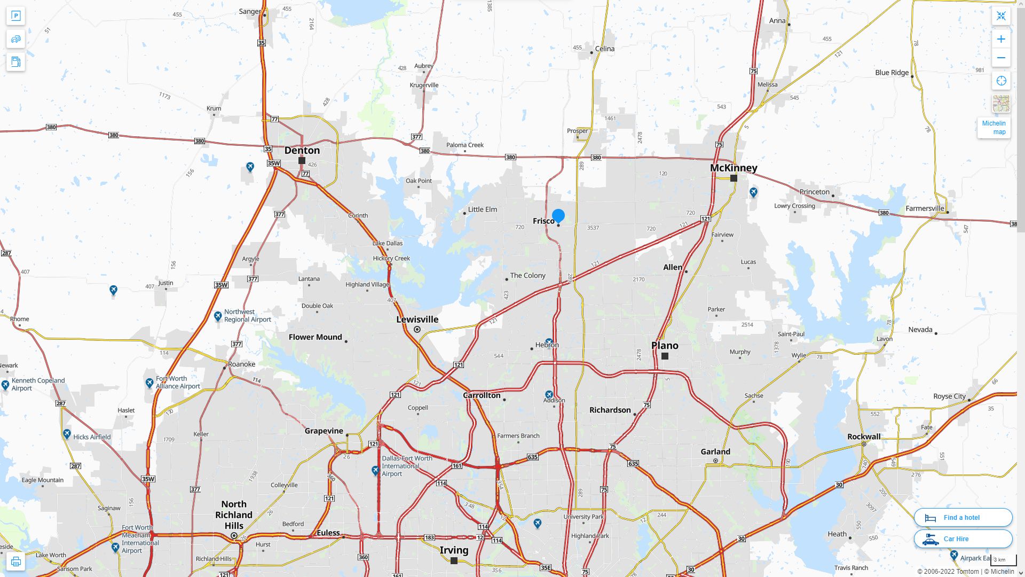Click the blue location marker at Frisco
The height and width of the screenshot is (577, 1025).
(558, 216)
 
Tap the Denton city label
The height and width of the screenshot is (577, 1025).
(302, 150)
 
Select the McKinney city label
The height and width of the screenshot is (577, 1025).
(734, 168)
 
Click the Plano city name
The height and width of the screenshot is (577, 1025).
(665, 346)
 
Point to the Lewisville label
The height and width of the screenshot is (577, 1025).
(417, 319)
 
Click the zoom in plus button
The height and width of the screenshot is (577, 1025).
(1001, 39)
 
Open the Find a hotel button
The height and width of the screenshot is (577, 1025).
(963, 517)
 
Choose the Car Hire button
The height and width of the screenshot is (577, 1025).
(963, 539)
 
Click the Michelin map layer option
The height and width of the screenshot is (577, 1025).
(994, 127)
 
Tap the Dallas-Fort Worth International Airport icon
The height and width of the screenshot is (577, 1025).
(375, 470)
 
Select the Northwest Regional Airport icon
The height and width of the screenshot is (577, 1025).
(218, 316)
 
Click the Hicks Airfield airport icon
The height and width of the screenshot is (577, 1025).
(67, 434)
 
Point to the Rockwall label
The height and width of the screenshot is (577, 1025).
(864, 436)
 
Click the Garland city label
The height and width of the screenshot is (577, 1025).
(715, 451)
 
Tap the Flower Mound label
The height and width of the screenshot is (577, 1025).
(315, 337)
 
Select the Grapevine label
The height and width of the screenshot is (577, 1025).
(324, 431)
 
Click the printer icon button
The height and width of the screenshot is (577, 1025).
(15, 562)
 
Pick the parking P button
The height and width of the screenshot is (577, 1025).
(15, 16)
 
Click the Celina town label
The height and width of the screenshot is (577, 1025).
(604, 49)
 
